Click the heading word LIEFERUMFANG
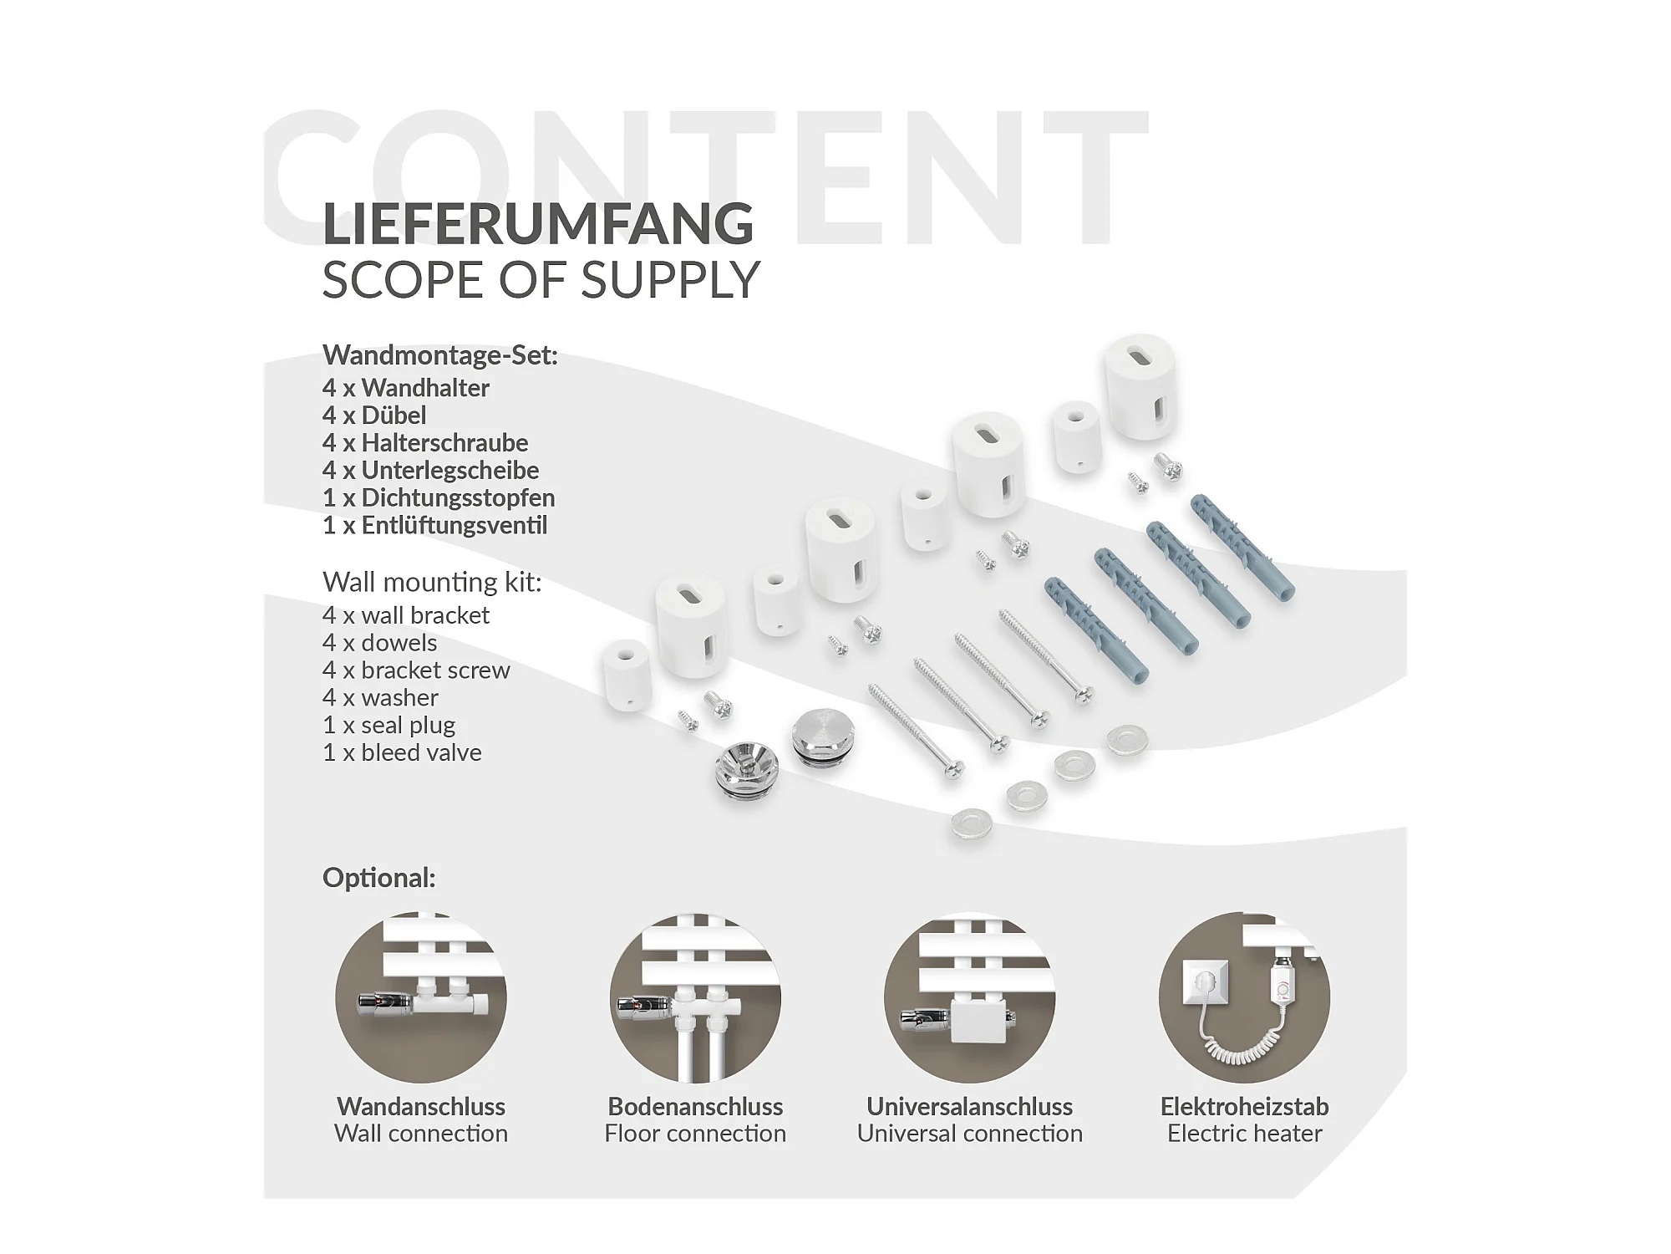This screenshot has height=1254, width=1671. click(x=538, y=223)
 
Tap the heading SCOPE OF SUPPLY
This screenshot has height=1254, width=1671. click(x=541, y=280)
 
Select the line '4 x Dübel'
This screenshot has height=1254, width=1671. click(x=374, y=415)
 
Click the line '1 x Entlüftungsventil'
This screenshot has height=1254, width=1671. click(x=434, y=526)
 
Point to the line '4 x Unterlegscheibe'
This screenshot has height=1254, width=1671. click(x=430, y=471)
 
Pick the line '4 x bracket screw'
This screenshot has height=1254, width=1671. click(x=416, y=670)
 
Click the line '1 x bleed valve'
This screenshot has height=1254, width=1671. click(x=402, y=752)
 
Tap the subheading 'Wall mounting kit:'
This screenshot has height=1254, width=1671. click(x=432, y=582)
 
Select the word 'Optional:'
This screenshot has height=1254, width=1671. click(x=378, y=878)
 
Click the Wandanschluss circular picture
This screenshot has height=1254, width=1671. click(x=421, y=997)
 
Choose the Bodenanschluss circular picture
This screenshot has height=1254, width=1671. click(x=695, y=997)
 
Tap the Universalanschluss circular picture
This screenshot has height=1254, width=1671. click(x=969, y=997)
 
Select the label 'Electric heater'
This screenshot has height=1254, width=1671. click(x=1244, y=1134)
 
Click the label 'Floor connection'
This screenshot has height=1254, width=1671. click(x=695, y=1134)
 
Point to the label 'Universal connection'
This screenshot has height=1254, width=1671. click(x=969, y=1134)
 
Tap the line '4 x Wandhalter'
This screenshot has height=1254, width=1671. click(x=406, y=388)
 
